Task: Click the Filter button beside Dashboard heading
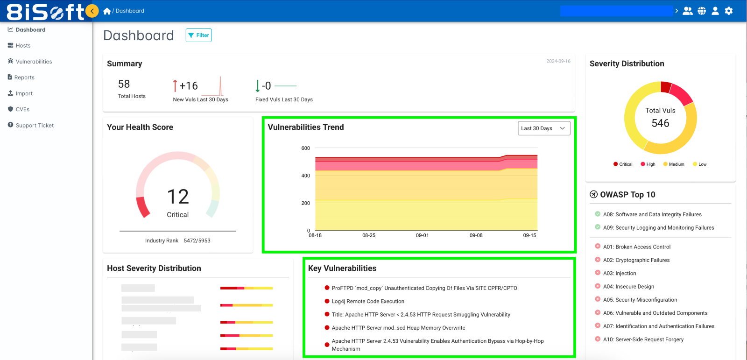point(198,35)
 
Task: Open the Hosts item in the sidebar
point(22,46)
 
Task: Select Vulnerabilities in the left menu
point(33,62)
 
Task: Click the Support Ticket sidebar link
point(34,126)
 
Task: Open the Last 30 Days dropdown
point(543,128)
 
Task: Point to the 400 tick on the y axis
point(305,176)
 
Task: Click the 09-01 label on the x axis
point(422,236)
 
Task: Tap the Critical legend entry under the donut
point(623,164)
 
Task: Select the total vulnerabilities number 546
point(660,123)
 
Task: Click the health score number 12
point(178,197)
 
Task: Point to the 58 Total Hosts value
point(124,85)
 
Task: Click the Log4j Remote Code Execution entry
point(368,302)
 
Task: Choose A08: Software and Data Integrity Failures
point(652,215)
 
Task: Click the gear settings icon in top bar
point(729,11)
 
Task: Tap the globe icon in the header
point(702,11)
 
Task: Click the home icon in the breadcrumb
point(107,11)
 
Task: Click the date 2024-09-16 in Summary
point(558,61)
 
